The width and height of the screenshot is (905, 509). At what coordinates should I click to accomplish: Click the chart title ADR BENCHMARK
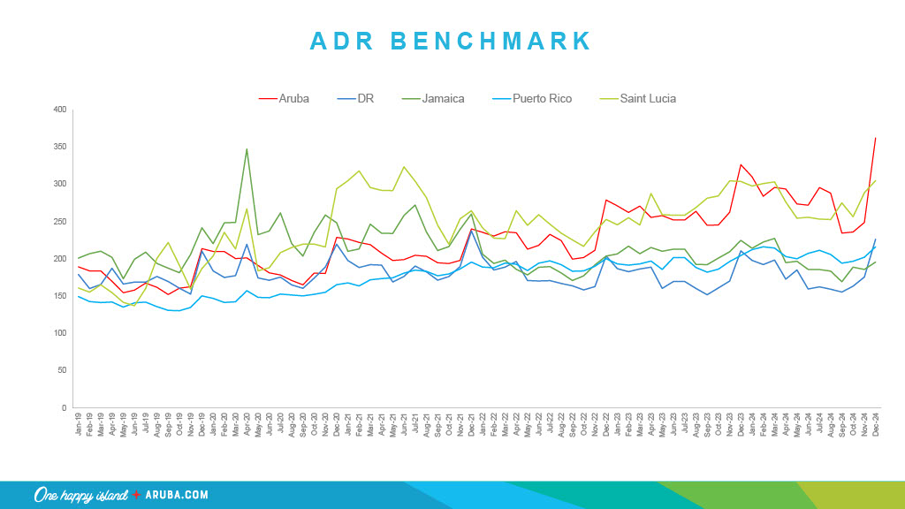[x=452, y=41]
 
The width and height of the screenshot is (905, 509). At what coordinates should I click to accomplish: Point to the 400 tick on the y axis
[x=60, y=110]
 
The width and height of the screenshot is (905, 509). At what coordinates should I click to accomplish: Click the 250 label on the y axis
[x=60, y=222]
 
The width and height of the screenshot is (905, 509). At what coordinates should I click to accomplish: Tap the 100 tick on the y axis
[x=60, y=333]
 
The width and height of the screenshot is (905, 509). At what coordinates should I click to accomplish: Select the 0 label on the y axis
[x=64, y=408]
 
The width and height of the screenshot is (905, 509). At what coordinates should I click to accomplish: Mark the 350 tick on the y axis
[x=60, y=147]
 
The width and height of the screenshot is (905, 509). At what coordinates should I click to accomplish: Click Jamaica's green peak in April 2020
[x=247, y=149]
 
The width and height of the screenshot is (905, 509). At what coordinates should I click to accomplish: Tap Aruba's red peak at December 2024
[x=875, y=138]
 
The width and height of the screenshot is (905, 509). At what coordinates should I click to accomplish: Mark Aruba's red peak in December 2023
[x=741, y=164]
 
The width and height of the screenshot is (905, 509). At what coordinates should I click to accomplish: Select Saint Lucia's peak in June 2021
[x=404, y=166]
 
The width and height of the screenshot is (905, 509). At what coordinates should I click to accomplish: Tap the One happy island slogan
[x=81, y=495]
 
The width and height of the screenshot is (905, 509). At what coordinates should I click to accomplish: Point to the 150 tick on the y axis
[x=60, y=296]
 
